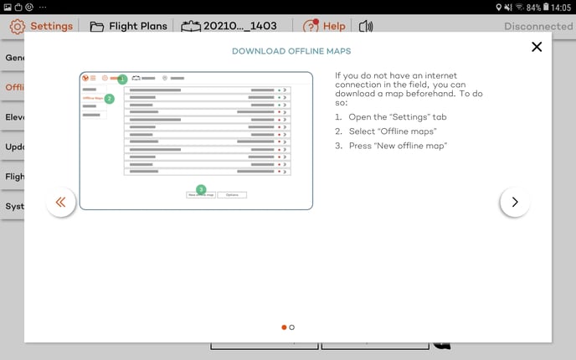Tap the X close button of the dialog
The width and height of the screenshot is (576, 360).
(537, 47)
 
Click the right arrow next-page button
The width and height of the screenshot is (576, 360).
(514, 202)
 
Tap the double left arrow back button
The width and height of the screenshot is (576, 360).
(61, 202)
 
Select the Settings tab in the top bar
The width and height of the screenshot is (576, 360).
(42, 26)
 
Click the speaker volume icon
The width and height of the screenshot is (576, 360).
(365, 26)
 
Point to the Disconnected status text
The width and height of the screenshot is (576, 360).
(537, 26)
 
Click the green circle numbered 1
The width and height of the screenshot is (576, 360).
(122, 80)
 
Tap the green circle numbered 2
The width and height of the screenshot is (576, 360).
(109, 98)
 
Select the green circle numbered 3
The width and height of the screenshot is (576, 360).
(201, 189)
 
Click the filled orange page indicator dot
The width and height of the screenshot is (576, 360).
(284, 327)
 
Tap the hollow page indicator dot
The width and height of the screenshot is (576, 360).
(291, 327)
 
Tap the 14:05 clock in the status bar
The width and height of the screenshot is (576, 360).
(562, 7)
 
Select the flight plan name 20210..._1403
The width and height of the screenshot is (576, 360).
(229, 26)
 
